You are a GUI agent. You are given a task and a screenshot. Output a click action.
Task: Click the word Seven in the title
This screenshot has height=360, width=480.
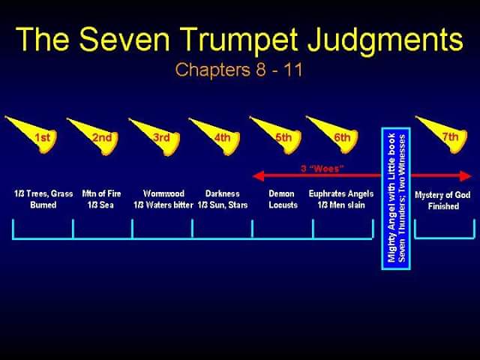pyautogui.click(x=124, y=39)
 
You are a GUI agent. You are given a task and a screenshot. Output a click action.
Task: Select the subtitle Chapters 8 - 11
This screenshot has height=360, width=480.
pyautogui.click(x=239, y=70)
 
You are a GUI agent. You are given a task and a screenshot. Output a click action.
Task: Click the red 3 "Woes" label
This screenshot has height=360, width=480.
pyautogui.click(x=322, y=168)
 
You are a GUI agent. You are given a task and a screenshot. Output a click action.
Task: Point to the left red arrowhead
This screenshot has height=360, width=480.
pyautogui.click(x=258, y=176)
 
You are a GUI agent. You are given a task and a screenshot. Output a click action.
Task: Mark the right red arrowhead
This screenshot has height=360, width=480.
pyautogui.click(x=466, y=176)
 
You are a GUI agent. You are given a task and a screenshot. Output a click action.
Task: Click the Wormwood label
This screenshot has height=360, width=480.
pyautogui.click(x=163, y=193)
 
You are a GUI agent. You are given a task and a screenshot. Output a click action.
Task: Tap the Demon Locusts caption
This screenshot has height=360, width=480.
pyautogui.click(x=283, y=199)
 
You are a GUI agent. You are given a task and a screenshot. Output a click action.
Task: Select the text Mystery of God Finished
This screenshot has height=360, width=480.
pyautogui.click(x=442, y=200)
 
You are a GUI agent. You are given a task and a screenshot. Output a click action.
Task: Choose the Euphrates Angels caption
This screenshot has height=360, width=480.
pyautogui.click(x=341, y=193)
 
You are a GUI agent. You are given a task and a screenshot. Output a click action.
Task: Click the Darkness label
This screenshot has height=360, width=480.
pyautogui.click(x=223, y=193)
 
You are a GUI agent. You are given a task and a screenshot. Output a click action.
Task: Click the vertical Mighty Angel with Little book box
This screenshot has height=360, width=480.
pyautogui.click(x=396, y=198)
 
